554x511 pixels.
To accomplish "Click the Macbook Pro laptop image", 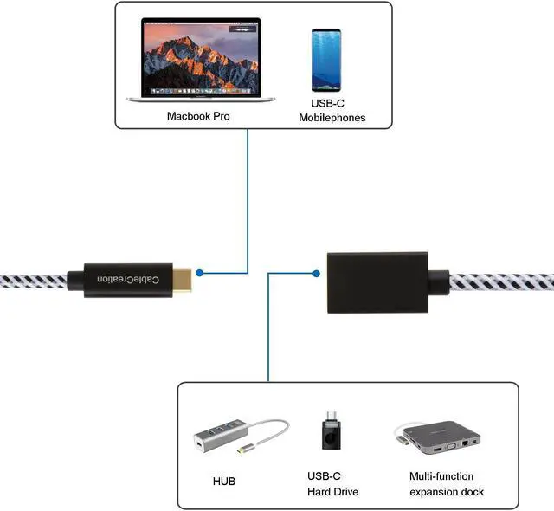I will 199,61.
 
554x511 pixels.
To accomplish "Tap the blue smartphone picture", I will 326,61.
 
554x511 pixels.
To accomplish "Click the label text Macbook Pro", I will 198,115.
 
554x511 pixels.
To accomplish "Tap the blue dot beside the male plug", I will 200,273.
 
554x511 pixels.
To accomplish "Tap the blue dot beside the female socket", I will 315,274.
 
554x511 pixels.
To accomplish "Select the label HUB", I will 223,481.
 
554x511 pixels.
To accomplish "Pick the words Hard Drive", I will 332,492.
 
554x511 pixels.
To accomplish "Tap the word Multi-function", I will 441,476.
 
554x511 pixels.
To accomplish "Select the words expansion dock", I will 447,492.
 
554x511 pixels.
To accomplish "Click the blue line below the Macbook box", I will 248,199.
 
